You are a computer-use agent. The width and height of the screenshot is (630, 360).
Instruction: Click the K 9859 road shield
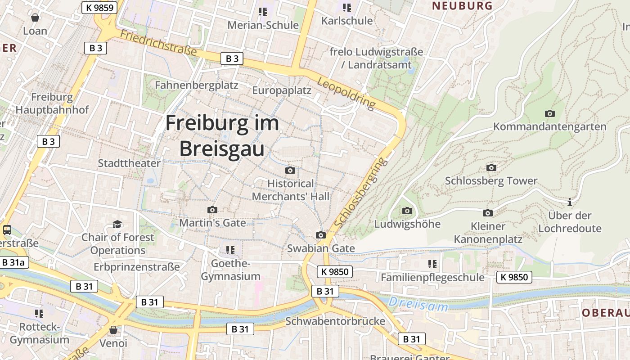click(99, 7)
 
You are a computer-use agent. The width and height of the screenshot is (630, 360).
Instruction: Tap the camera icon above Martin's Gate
click(212, 210)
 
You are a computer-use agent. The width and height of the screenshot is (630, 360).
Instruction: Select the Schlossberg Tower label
click(491, 181)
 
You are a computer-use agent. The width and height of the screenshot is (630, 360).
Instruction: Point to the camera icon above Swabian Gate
click(321, 235)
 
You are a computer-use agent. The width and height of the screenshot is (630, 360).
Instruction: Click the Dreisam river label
click(418, 304)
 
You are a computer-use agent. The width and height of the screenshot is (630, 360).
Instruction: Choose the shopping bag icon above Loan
click(35, 18)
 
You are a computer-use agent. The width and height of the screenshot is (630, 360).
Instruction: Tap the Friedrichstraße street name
click(158, 43)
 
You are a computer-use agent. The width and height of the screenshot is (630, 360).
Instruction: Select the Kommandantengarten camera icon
click(549, 113)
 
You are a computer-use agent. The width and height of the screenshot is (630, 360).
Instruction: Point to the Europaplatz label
click(282, 90)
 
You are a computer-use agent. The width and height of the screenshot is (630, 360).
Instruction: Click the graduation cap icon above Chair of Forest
click(117, 224)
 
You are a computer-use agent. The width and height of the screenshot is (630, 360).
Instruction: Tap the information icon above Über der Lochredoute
click(570, 202)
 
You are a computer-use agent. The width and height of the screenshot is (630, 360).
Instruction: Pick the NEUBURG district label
click(462, 6)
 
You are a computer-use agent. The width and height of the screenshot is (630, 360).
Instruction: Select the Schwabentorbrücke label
click(335, 321)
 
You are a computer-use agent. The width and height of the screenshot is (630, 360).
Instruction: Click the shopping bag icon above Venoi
click(113, 330)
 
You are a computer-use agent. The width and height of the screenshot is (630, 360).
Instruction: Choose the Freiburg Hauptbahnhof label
click(52, 103)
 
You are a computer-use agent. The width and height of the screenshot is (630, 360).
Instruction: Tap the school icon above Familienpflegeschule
click(432, 264)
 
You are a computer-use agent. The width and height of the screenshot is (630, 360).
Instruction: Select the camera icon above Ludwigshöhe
click(407, 211)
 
